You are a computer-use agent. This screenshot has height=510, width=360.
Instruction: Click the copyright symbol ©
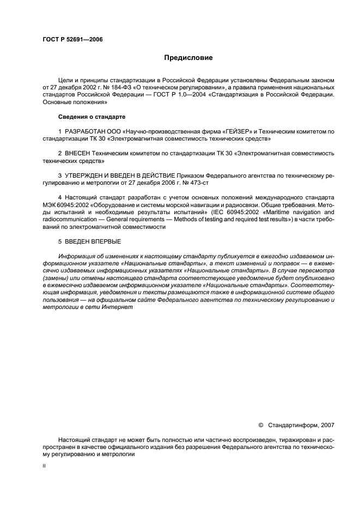[x=245, y=424]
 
